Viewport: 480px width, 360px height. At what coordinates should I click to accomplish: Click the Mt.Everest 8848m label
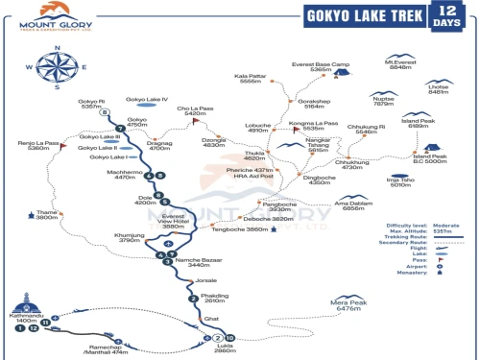point(399,64)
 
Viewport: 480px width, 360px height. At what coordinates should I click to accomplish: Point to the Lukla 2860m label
point(226,348)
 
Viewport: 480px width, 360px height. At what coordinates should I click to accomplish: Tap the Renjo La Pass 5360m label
point(38,146)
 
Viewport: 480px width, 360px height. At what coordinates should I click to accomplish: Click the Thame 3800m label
point(47,215)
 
